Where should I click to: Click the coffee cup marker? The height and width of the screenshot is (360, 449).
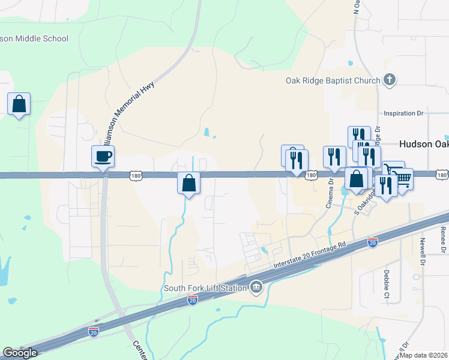coord(103,157)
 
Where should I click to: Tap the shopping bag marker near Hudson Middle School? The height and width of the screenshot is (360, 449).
coord(19,104)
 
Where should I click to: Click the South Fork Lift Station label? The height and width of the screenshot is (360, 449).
coord(205,288)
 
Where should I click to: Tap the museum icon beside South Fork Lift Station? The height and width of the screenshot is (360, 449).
coord(256,288)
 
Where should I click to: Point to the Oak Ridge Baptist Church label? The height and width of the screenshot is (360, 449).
coord(333,81)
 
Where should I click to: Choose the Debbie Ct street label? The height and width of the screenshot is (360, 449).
coord(386,280)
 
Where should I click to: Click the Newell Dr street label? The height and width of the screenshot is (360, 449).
coord(423,251)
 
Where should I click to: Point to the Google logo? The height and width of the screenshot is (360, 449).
coord(20,353)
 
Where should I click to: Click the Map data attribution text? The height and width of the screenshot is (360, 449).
coord(424,355)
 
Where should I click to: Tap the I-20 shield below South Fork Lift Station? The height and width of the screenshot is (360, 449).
coord(193,298)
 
